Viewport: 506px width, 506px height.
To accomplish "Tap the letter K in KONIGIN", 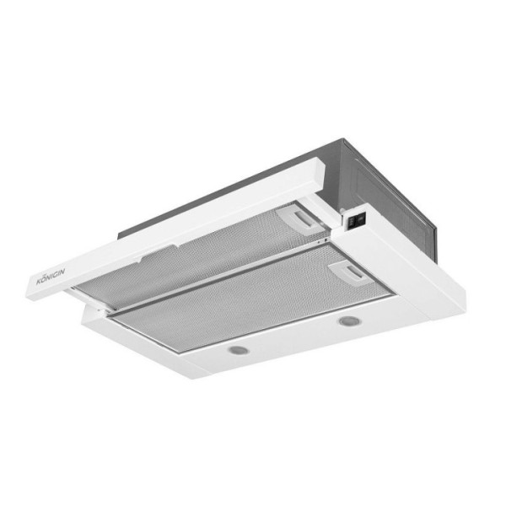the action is coord(39,283).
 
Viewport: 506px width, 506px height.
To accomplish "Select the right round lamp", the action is coord(349,320).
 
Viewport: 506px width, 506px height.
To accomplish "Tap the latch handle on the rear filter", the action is coord(302,219).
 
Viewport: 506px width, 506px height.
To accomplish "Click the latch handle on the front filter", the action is coord(352,273).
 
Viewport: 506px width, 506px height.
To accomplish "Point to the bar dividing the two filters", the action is coord(219,277).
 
